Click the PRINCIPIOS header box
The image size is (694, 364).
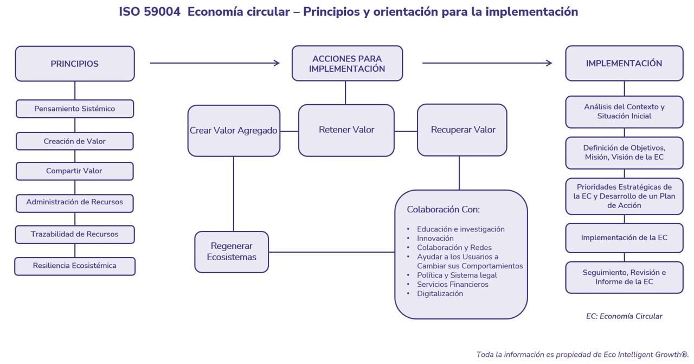click(x=75, y=64)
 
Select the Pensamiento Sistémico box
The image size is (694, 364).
click(x=75, y=109)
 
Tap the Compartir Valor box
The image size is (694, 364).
click(x=75, y=171)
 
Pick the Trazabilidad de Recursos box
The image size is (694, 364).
click(x=75, y=234)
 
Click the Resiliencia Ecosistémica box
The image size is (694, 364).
click(x=75, y=266)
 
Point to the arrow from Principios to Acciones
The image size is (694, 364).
click(x=214, y=63)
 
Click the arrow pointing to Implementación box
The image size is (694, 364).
click(x=486, y=63)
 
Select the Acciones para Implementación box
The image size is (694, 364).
click(x=347, y=64)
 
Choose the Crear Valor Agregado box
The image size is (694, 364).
click(x=234, y=130)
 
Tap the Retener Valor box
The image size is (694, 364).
click(x=346, y=130)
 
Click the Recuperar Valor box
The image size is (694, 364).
click(x=462, y=130)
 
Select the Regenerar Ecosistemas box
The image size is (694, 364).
click(x=232, y=252)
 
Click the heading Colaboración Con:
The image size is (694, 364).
click(x=443, y=209)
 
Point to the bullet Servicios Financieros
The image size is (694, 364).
click(x=452, y=284)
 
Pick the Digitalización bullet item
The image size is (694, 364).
click(x=440, y=293)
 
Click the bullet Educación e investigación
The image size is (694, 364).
click(x=460, y=229)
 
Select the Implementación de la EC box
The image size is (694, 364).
click(x=624, y=237)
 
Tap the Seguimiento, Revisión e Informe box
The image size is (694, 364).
click(x=624, y=277)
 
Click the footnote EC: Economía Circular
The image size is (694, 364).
click(x=624, y=316)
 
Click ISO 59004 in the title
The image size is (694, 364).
click(x=150, y=11)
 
